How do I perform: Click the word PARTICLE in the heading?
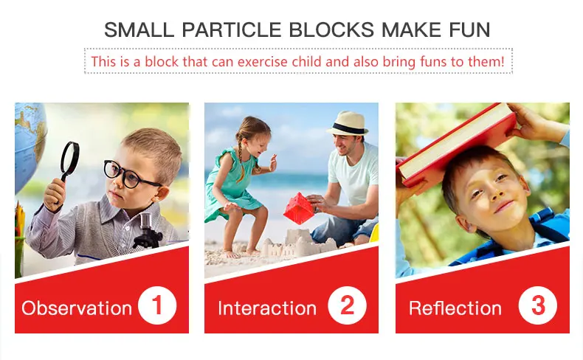[231, 30]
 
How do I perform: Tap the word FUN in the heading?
[469, 30]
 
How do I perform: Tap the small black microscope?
[148, 231]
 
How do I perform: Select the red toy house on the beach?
[299, 208]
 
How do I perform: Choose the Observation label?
[77, 308]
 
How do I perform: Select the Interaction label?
[267, 308]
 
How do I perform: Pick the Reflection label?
[455, 308]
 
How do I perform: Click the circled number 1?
[157, 305]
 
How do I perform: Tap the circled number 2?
[348, 305]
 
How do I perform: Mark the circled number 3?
[538, 305]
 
